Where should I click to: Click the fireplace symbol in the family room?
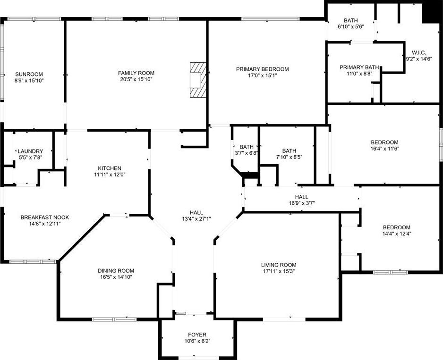(x=198, y=80)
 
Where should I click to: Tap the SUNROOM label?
(x=29, y=74)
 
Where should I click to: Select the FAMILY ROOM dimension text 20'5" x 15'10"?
(x=136, y=79)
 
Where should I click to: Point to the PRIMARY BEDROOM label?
(x=263, y=69)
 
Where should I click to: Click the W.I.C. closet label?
(x=419, y=53)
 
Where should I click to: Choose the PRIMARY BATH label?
(x=359, y=67)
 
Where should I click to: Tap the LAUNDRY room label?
(x=30, y=151)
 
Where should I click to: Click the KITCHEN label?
(x=110, y=168)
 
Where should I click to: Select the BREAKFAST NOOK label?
(x=45, y=218)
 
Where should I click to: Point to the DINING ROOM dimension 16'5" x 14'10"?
(x=116, y=277)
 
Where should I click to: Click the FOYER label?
(x=197, y=335)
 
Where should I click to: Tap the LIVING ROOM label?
(x=279, y=265)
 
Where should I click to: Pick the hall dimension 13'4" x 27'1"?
(x=196, y=218)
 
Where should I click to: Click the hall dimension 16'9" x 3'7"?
(x=302, y=203)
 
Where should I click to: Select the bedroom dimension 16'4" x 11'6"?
(x=384, y=149)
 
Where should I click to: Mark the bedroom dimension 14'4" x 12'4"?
(x=397, y=234)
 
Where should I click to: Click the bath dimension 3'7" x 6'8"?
(x=246, y=153)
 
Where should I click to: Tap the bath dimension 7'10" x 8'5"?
(x=289, y=157)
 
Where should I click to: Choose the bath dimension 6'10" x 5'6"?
(x=350, y=27)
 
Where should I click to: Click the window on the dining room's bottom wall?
(x=114, y=319)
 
